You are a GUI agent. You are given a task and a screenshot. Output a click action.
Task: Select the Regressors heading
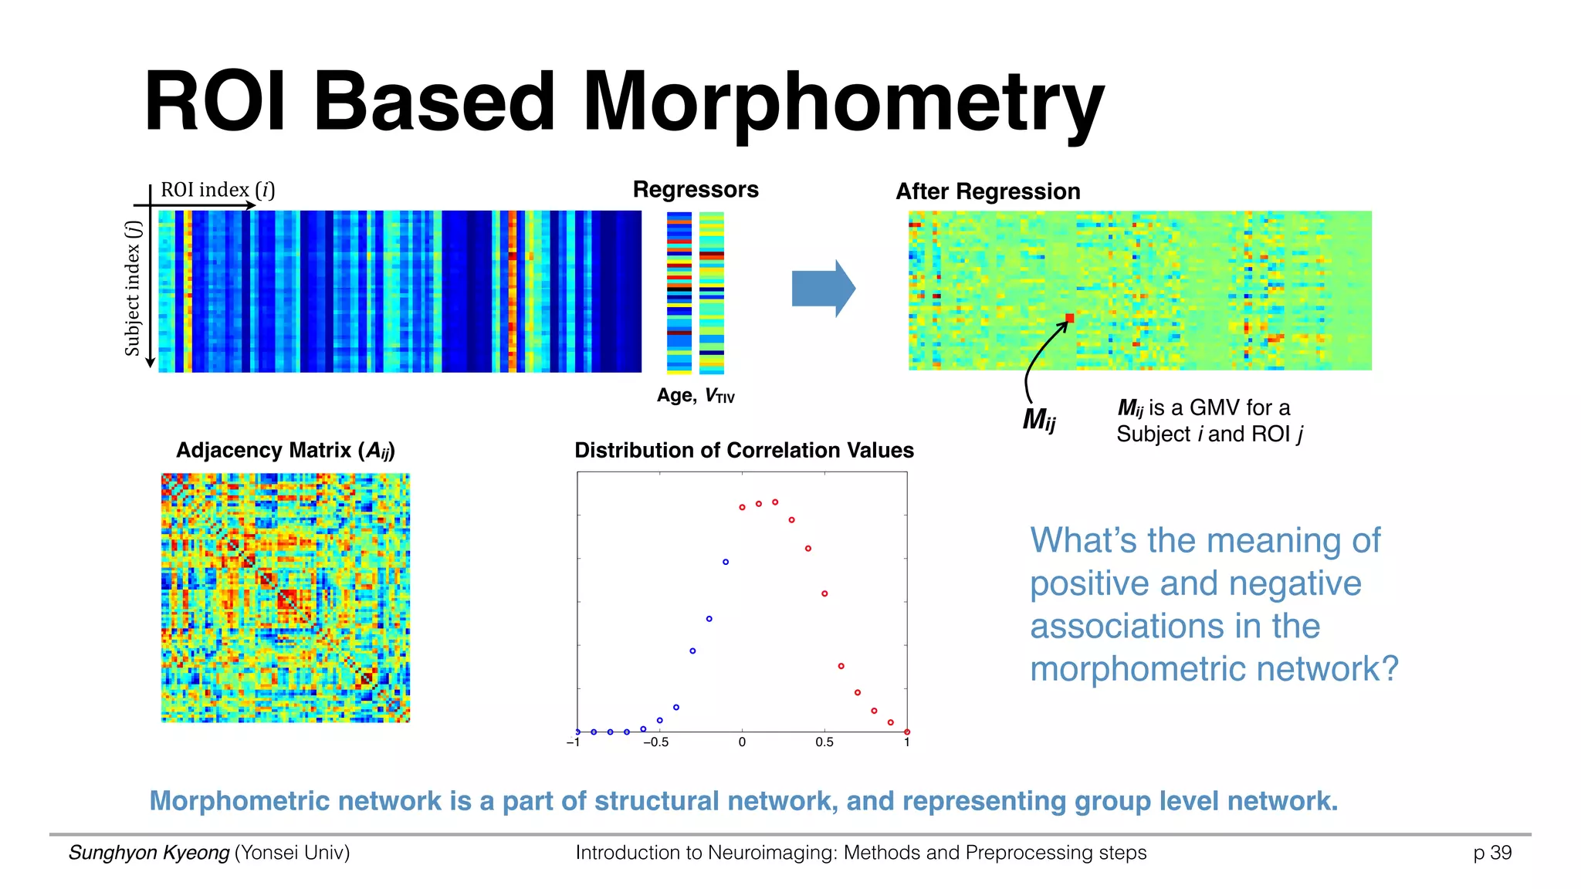click(x=696, y=190)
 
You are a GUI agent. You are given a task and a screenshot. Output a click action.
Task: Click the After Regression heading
click(x=987, y=191)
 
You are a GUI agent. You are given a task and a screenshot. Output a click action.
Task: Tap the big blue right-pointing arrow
click(x=823, y=289)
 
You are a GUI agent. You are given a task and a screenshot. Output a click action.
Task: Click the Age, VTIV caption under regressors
click(x=695, y=396)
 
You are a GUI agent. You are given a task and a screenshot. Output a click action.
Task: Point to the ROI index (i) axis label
click(x=217, y=190)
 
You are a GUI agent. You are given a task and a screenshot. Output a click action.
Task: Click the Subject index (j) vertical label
click(x=133, y=289)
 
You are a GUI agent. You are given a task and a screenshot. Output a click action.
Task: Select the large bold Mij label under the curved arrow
click(x=1038, y=419)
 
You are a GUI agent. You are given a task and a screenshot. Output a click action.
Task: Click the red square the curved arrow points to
click(x=1070, y=318)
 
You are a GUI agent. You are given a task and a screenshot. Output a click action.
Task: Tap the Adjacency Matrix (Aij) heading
click(x=285, y=451)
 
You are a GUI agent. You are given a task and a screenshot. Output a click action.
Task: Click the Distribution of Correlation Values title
click(x=743, y=451)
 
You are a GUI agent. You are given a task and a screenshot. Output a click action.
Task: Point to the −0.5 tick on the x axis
click(x=655, y=742)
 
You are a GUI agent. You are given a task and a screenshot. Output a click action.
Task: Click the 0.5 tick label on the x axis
click(x=824, y=742)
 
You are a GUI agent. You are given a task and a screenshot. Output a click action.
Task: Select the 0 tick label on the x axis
click(x=742, y=742)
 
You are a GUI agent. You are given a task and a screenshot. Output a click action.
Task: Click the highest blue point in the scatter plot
click(x=726, y=562)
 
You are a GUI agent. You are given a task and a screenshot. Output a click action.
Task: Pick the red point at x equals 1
click(x=907, y=732)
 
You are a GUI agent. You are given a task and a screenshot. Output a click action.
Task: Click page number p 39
click(x=1491, y=853)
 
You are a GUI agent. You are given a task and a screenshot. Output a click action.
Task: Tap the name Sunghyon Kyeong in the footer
click(x=149, y=853)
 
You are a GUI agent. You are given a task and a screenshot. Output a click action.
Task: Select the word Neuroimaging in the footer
click(x=771, y=853)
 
